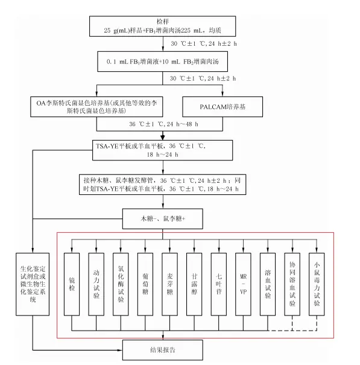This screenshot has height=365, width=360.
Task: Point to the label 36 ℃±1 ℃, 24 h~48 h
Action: click(163, 124)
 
